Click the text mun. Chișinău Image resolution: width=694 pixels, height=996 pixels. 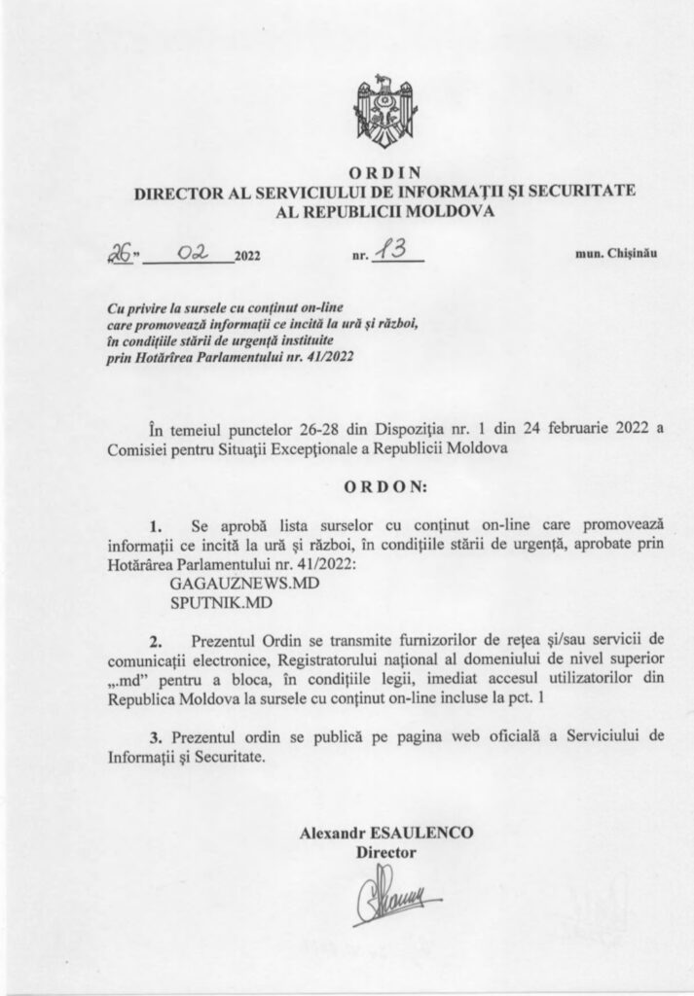click(616, 256)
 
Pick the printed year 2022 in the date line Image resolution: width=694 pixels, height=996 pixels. click(247, 258)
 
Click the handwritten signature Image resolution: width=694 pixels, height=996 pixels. click(386, 897)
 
